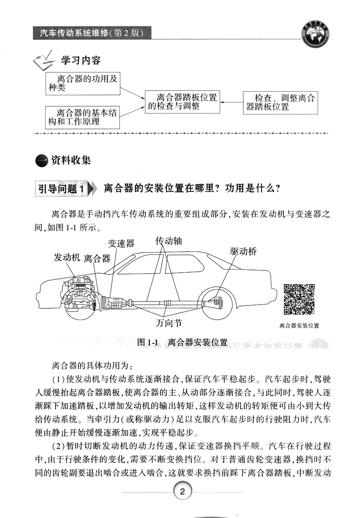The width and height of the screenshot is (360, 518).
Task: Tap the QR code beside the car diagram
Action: (x=299, y=300)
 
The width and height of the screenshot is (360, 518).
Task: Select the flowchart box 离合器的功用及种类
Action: (x=82, y=83)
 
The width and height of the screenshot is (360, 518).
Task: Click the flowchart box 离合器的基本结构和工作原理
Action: (x=82, y=117)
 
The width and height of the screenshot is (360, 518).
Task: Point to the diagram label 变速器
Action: (x=121, y=243)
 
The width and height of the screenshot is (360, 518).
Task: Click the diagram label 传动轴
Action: (x=169, y=241)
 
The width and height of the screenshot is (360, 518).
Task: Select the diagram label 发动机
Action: (x=67, y=257)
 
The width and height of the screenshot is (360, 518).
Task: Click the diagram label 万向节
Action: (x=168, y=323)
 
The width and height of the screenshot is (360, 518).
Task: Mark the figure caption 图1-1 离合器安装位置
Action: (x=182, y=342)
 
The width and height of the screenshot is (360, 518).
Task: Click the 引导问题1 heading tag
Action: (x=61, y=188)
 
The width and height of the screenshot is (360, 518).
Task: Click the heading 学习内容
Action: (x=81, y=61)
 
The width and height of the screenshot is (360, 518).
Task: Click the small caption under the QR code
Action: (x=299, y=326)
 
